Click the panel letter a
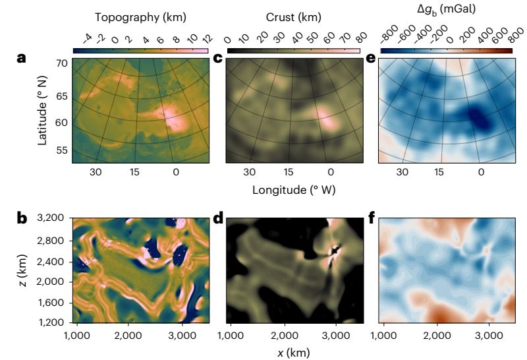tap(21, 59)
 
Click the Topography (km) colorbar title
tap(140, 15)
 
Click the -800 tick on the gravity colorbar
tap(387, 36)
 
